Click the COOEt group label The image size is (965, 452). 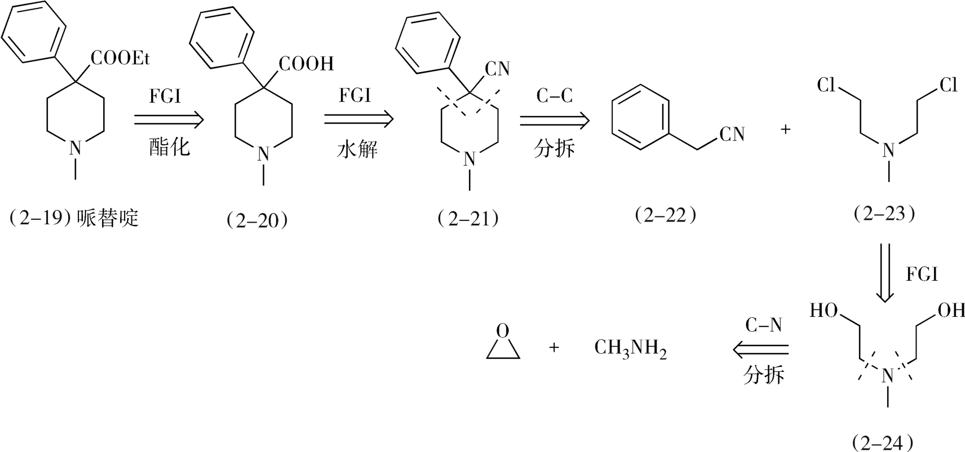[x=120, y=58]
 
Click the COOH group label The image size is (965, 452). [x=306, y=64]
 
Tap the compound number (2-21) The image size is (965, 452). [x=468, y=218]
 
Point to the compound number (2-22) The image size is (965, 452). [x=666, y=215]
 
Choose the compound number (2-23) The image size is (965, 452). [x=884, y=213]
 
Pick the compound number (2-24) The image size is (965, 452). [x=883, y=443]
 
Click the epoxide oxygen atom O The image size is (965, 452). [x=503, y=331]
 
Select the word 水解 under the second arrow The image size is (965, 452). [x=357, y=149]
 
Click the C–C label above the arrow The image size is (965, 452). [x=554, y=96]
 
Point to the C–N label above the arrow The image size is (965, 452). [x=764, y=325]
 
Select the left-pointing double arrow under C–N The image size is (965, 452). [x=760, y=350]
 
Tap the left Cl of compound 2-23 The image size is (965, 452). [x=826, y=86]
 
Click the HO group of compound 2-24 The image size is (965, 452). [x=824, y=311]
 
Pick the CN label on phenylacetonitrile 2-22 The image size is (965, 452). [x=732, y=135]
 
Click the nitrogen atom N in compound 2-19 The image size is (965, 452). [x=76, y=148]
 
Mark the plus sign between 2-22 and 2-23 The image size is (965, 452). [x=785, y=130]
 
